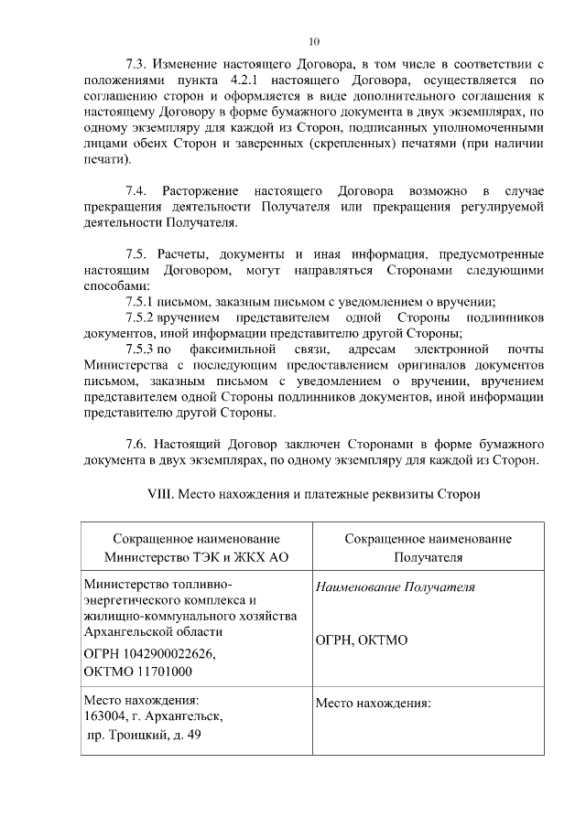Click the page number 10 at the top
[x=314, y=41]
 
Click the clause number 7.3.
[x=137, y=66]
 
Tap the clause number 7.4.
[x=137, y=190]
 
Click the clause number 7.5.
[x=137, y=254]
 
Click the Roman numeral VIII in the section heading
[x=162, y=494]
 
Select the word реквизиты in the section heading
[x=396, y=494]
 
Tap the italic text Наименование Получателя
[x=395, y=587]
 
